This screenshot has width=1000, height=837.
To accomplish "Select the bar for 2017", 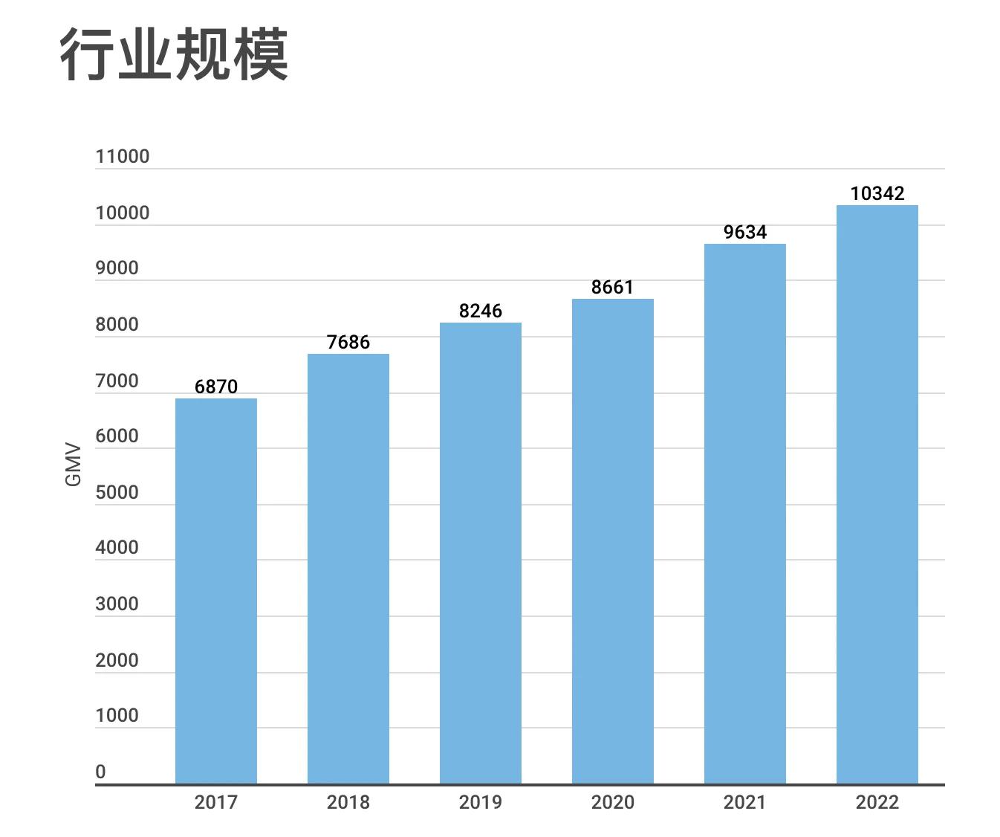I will tap(216, 591).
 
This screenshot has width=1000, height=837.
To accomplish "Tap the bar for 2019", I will tap(481, 553).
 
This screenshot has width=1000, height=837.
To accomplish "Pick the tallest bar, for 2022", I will tap(877, 494).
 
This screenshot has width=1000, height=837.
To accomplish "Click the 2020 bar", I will tap(613, 541).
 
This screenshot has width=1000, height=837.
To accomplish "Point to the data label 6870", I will tap(216, 387).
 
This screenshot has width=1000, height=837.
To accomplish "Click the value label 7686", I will tap(348, 342).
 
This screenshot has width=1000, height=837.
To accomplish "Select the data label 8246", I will tap(481, 311).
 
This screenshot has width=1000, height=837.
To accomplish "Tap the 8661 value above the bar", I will tap(613, 287).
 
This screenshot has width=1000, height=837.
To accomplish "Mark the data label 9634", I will tap(745, 232).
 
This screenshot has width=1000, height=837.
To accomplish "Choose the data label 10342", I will tap(877, 193).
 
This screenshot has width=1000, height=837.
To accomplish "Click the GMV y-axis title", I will tap(73, 465).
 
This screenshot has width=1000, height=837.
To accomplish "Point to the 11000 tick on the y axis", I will tap(123, 157).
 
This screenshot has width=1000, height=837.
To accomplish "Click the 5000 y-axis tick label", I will tap(117, 493).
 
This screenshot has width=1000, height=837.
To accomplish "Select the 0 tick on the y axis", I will tap(100, 772).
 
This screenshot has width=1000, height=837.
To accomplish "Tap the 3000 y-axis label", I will tap(117, 604).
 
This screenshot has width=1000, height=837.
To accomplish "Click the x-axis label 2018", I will tap(348, 802).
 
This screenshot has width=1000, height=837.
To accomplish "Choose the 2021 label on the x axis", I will tap(745, 802).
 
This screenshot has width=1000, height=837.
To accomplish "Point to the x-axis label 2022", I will tap(877, 802).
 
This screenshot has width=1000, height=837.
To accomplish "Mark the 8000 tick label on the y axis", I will tap(117, 325).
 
